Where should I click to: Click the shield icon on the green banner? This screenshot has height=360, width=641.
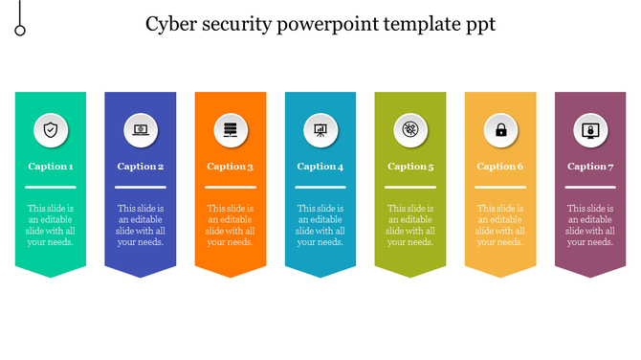51,129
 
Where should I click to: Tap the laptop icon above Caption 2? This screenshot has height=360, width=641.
141,129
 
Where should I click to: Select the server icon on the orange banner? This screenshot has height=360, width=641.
231,129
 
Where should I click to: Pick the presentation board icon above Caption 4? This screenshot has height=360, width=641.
320,129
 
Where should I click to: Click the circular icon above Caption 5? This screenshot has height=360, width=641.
410,129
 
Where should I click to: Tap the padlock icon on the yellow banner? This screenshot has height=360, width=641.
500,129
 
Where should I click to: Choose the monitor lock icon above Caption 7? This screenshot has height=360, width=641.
590,129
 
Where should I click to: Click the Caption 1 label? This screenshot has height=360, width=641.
51,167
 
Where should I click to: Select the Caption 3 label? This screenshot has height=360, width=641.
231,167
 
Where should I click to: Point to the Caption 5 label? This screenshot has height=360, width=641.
410,167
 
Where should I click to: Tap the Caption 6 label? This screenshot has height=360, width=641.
500,167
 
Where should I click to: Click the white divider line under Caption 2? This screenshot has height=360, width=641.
141,187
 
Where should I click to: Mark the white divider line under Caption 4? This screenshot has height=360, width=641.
320,187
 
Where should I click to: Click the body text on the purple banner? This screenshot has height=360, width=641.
590,225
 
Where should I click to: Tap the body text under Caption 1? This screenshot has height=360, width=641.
51,225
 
